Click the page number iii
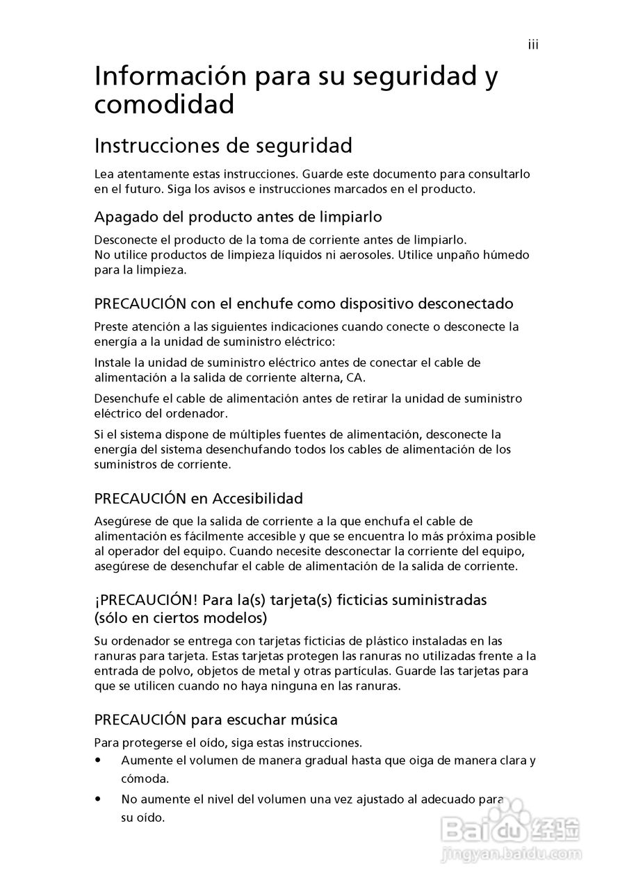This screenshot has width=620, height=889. [x=533, y=45]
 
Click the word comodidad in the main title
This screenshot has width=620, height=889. [x=164, y=106]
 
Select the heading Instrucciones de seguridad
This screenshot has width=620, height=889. [x=223, y=146]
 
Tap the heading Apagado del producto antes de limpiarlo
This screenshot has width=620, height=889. [x=238, y=217]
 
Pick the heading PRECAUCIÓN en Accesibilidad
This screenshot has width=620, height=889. [x=199, y=498]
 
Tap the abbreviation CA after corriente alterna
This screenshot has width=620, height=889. [x=355, y=378]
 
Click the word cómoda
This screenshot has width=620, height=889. [x=144, y=779]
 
